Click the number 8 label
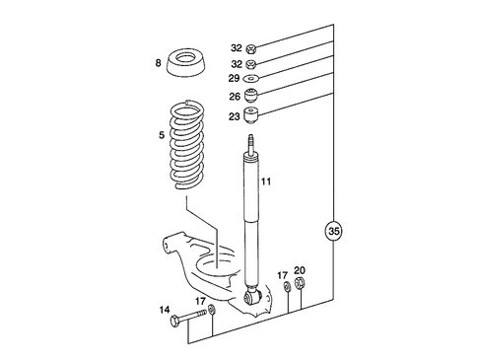(x=157, y=64)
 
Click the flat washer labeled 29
(x=252, y=79)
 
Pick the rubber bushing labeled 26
(x=252, y=97)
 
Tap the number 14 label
(x=164, y=309)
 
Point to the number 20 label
(x=300, y=270)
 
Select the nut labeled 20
(x=301, y=288)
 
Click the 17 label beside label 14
(x=200, y=302)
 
